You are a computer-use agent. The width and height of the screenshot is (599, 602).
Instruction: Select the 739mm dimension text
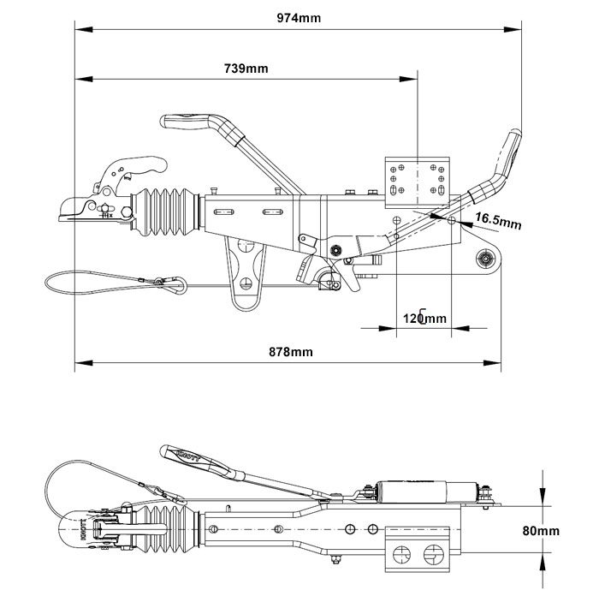pyautogui.click(x=246, y=69)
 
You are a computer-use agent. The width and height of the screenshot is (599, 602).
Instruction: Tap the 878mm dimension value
pyautogui.click(x=289, y=352)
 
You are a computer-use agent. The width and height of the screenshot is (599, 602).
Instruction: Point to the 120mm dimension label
pyautogui.click(x=424, y=319)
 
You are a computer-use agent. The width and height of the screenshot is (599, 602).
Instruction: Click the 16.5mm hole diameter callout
pyautogui.click(x=498, y=221)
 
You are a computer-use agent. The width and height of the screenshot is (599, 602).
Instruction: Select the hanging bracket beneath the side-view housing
pyautogui.click(x=246, y=273)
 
